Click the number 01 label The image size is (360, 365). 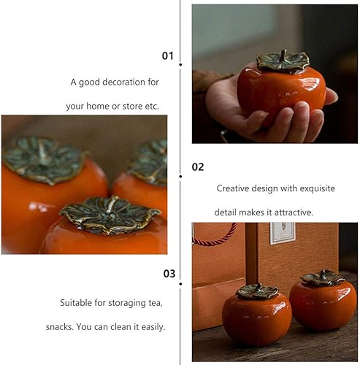click(168, 55)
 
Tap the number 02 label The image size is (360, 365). click(197, 166)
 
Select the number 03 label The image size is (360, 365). click(168, 274)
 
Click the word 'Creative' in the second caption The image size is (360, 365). click(234, 188)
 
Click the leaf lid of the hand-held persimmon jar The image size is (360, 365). click(283, 63)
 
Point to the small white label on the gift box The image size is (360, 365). click(281, 233)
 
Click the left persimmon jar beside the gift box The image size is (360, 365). click(256, 315)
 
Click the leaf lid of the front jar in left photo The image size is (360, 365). click(110, 214)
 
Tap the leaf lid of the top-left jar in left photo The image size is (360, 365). click(42, 158)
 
